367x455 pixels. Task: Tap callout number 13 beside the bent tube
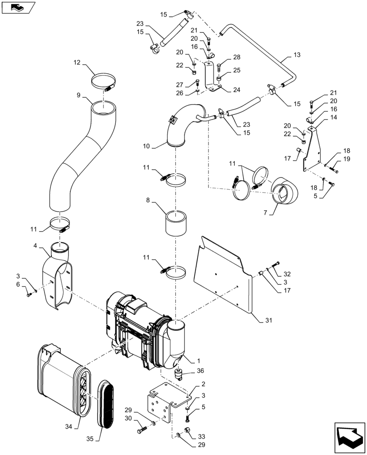[x=297, y=55]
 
